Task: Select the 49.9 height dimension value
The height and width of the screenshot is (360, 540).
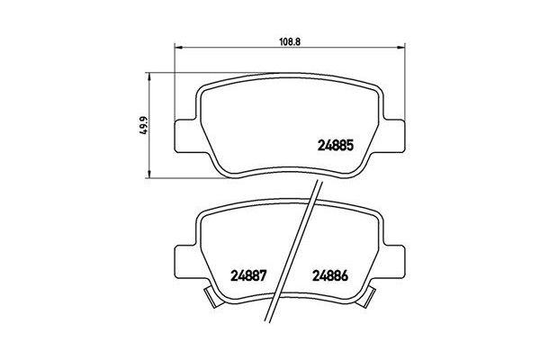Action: pos(139,125)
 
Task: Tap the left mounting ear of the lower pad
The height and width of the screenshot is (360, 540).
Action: pos(184,257)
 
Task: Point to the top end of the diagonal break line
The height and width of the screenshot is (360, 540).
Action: pos(319,179)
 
